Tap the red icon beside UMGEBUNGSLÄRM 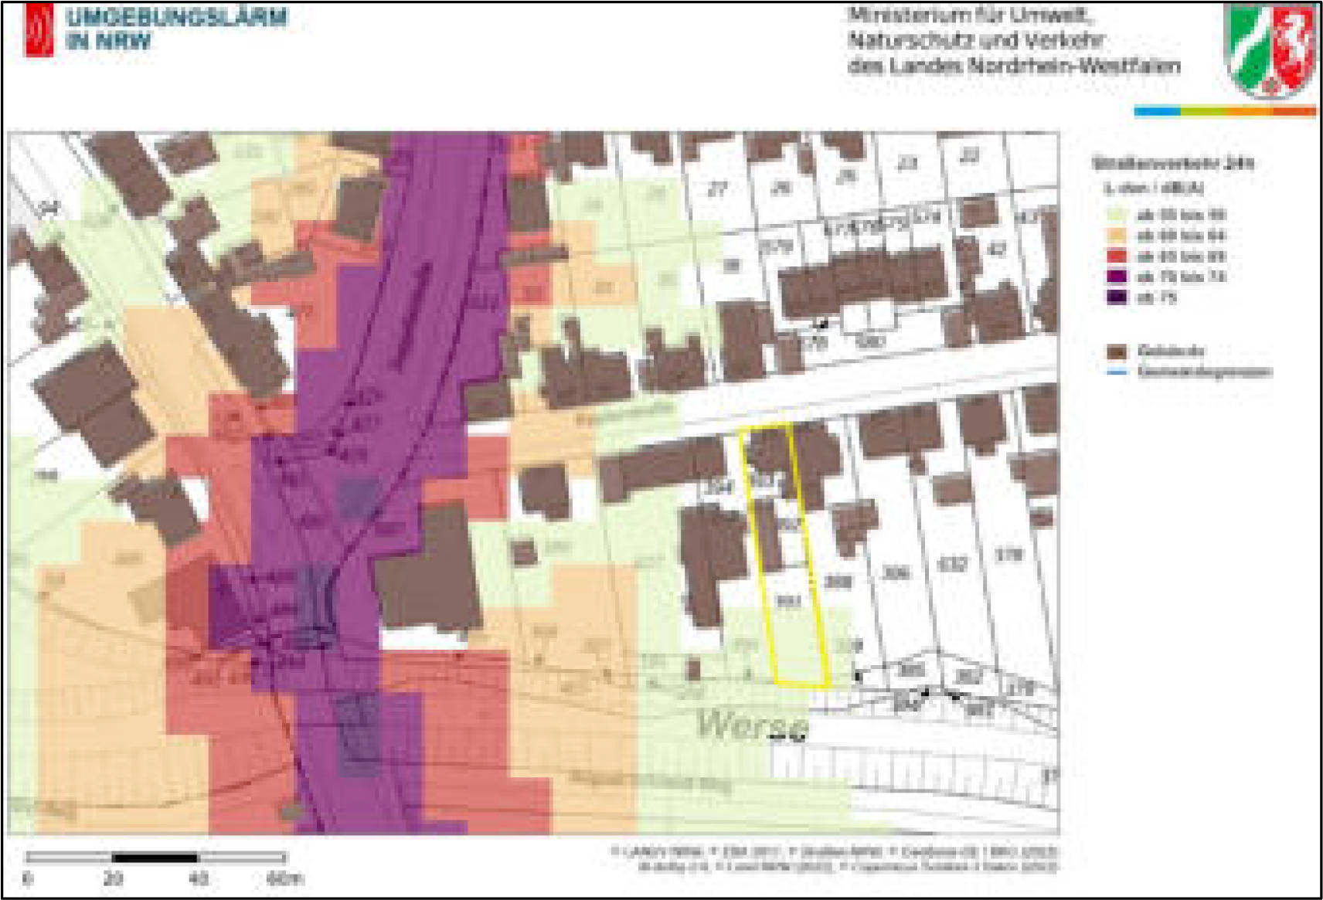pyautogui.click(x=39, y=29)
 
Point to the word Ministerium pyautogui.click(x=898, y=15)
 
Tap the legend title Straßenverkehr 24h pyautogui.click(x=1172, y=163)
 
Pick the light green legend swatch pyautogui.click(x=1116, y=215)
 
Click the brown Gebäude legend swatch pyautogui.click(x=1116, y=352)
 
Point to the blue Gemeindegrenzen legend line pyautogui.click(x=1116, y=372)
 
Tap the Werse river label pyautogui.click(x=752, y=725)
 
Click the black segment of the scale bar pyautogui.click(x=155, y=857)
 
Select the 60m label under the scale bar pyautogui.click(x=284, y=878)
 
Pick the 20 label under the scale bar pyautogui.click(x=113, y=878)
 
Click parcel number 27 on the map pyautogui.click(x=718, y=188)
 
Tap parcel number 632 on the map pyautogui.click(x=951, y=565)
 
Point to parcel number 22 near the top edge pyautogui.click(x=969, y=157)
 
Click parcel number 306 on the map pyautogui.click(x=895, y=572)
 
